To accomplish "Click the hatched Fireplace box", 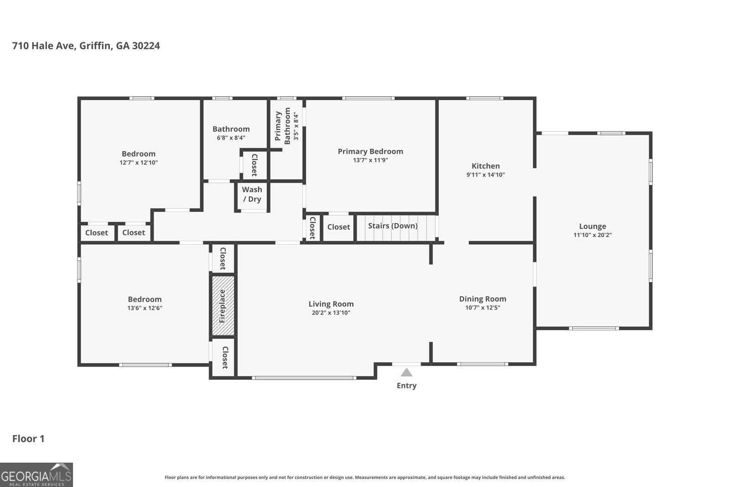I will tap(223, 306).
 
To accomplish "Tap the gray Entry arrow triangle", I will tap(407, 372).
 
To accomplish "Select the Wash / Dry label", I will tap(252, 194).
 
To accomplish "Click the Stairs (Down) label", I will tap(393, 226).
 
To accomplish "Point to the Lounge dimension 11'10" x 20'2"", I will tap(592, 235).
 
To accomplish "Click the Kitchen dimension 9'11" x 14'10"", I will tap(485, 174).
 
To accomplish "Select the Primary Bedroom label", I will tap(370, 151).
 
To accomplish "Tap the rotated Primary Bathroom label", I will tap(282, 126).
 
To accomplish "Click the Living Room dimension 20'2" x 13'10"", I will tap(331, 313).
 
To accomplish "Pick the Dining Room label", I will tap(482, 299).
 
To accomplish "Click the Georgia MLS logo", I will tap(36, 475).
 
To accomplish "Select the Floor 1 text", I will tap(28, 439).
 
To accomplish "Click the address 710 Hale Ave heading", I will tap(86, 46).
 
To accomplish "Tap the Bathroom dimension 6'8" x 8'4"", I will tap(231, 137).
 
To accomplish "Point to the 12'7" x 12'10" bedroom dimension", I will tap(139, 162).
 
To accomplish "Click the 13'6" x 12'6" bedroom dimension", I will tap(145, 308).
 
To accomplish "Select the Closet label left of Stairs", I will tap(339, 227).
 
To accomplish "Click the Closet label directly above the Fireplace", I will tap(223, 259).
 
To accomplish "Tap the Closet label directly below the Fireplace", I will tap(224, 358).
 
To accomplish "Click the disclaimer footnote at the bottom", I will tap(365, 477).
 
